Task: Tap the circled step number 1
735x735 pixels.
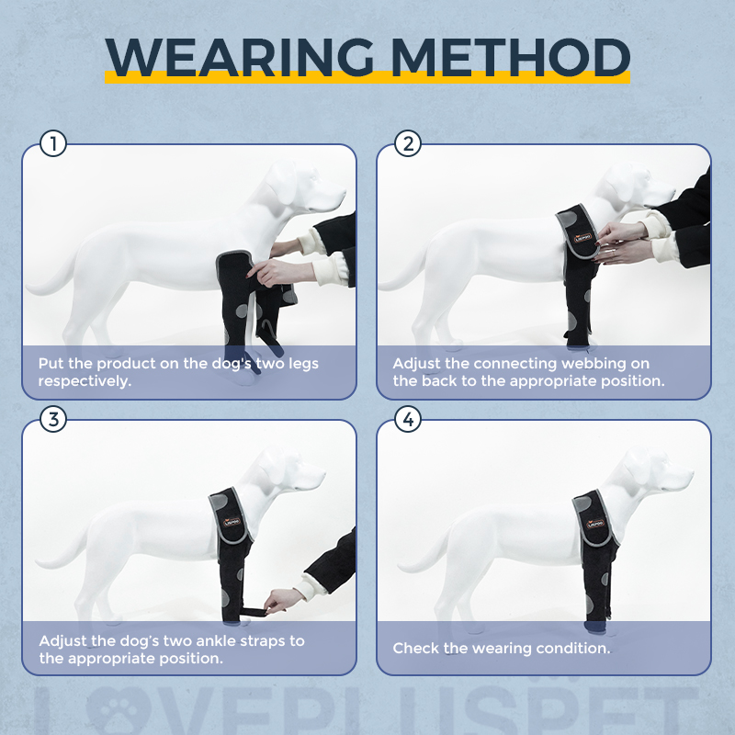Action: coord(54,144)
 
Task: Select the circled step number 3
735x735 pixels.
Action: coord(54,420)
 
